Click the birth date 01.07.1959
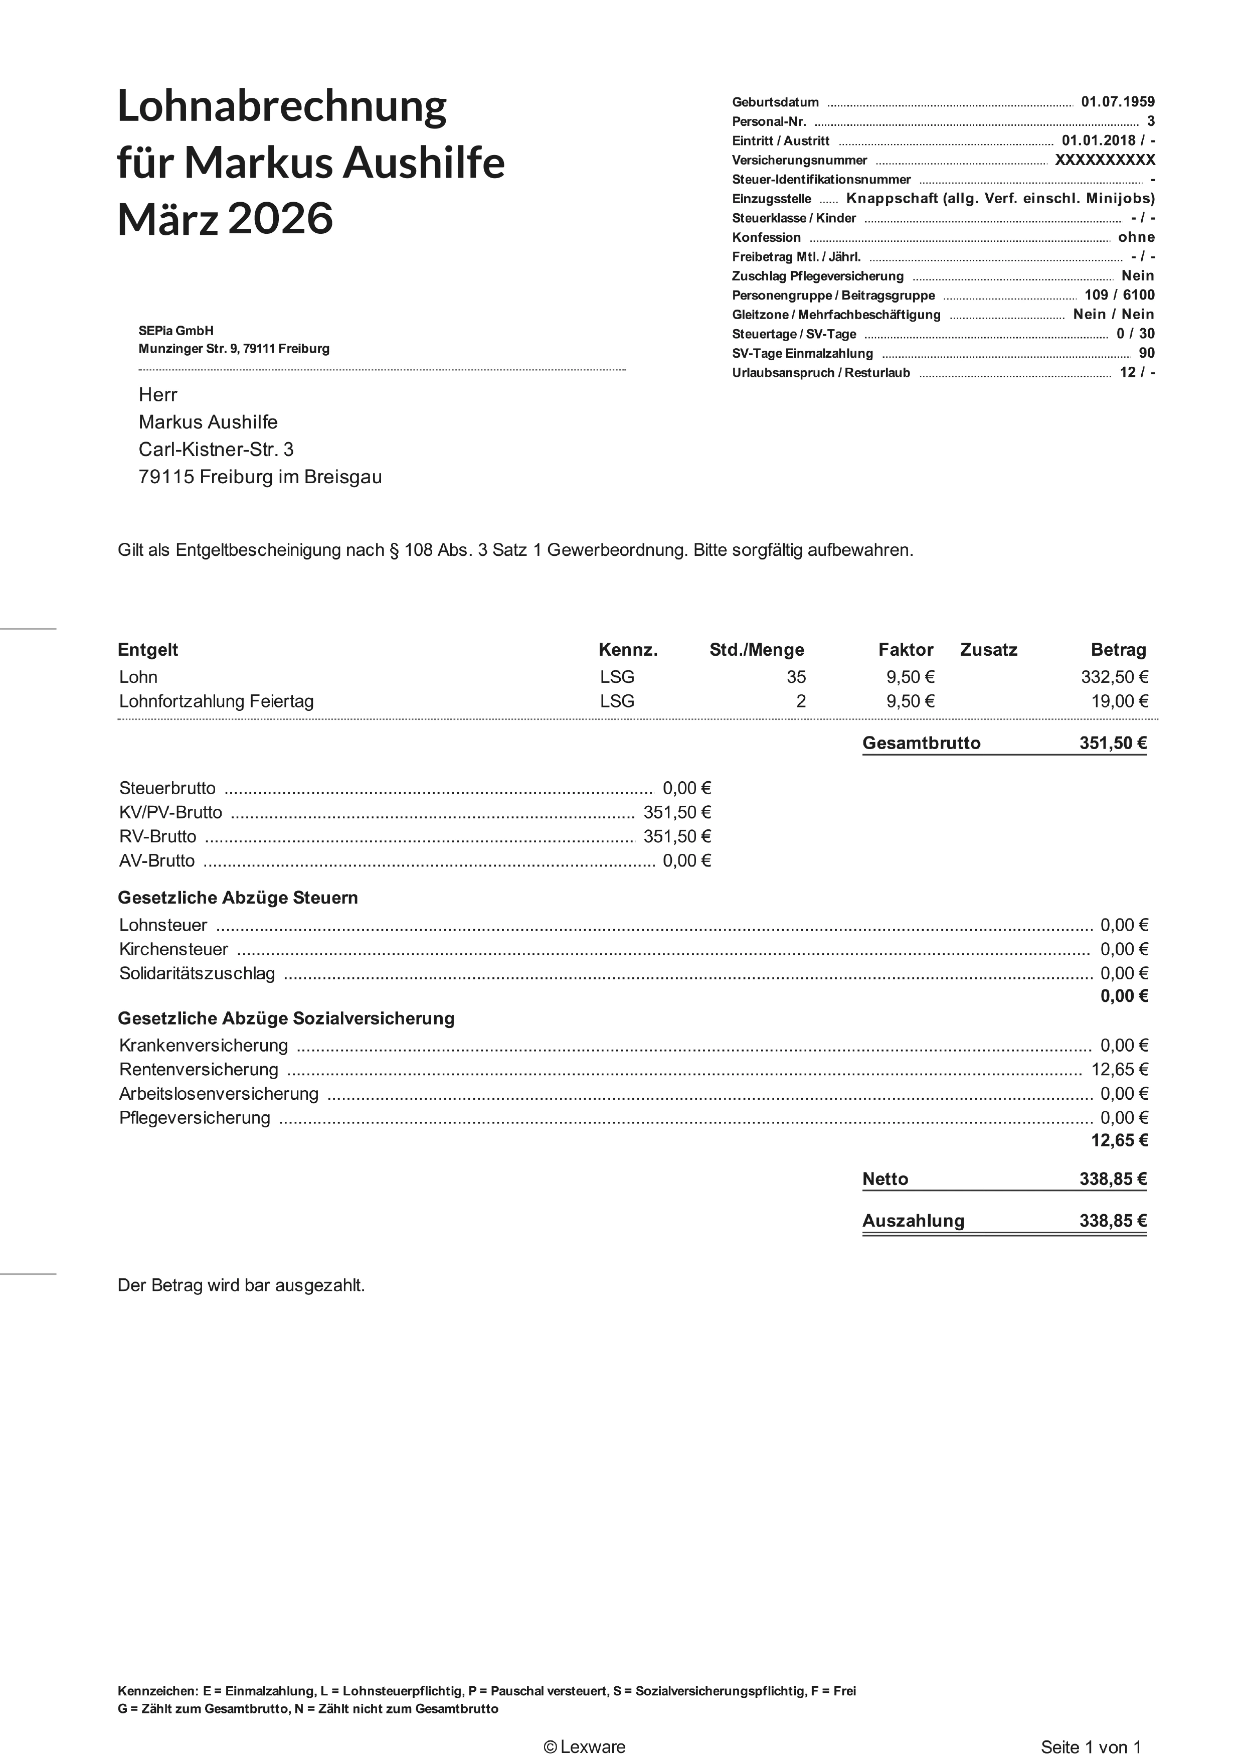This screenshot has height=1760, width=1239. pos(1117,102)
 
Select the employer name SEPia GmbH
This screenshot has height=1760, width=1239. pos(176,331)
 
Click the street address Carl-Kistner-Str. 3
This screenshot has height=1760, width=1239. pos(216,449)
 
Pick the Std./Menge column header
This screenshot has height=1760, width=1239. pos(756,650)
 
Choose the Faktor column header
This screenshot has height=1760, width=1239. pos(906,650)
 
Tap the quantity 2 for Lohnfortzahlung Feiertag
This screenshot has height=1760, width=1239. pos(801,701)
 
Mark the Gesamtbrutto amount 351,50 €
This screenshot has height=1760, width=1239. pos(1113,743)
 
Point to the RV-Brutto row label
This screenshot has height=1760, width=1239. pos(158,836)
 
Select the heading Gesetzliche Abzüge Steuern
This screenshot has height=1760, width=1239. pos(238,898)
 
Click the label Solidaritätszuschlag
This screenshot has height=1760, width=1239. pos(197,973)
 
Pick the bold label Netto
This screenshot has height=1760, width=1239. pos(885,1179)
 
